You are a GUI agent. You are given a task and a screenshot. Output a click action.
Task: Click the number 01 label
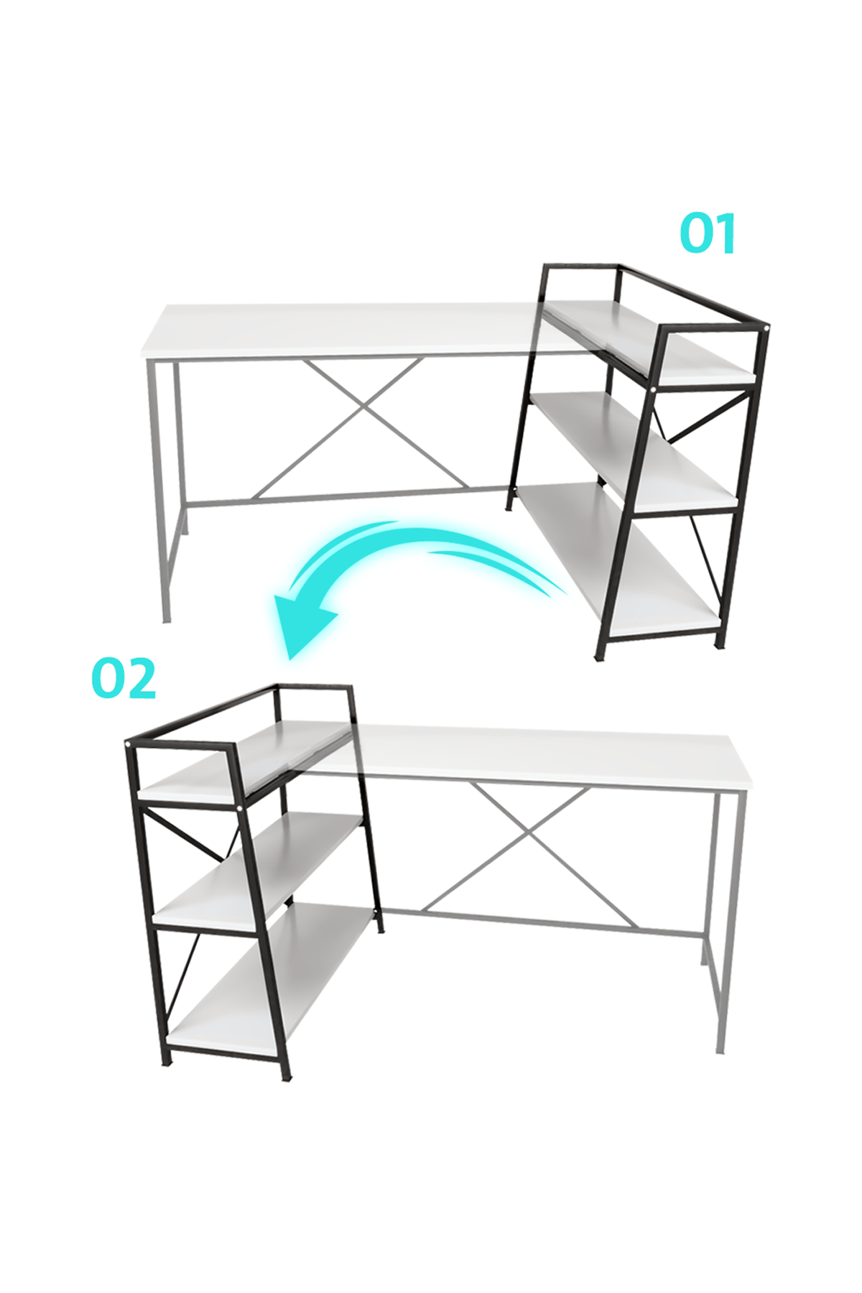[x=708, y=233]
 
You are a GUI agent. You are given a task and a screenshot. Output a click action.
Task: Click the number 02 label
[x=124, y=679]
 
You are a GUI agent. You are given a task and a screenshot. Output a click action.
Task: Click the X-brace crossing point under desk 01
[x=363, y=412]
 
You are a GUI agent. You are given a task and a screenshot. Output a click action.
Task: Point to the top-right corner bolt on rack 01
[x=767, y=328]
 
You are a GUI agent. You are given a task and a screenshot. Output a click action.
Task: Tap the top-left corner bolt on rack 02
[x=128, y=744]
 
